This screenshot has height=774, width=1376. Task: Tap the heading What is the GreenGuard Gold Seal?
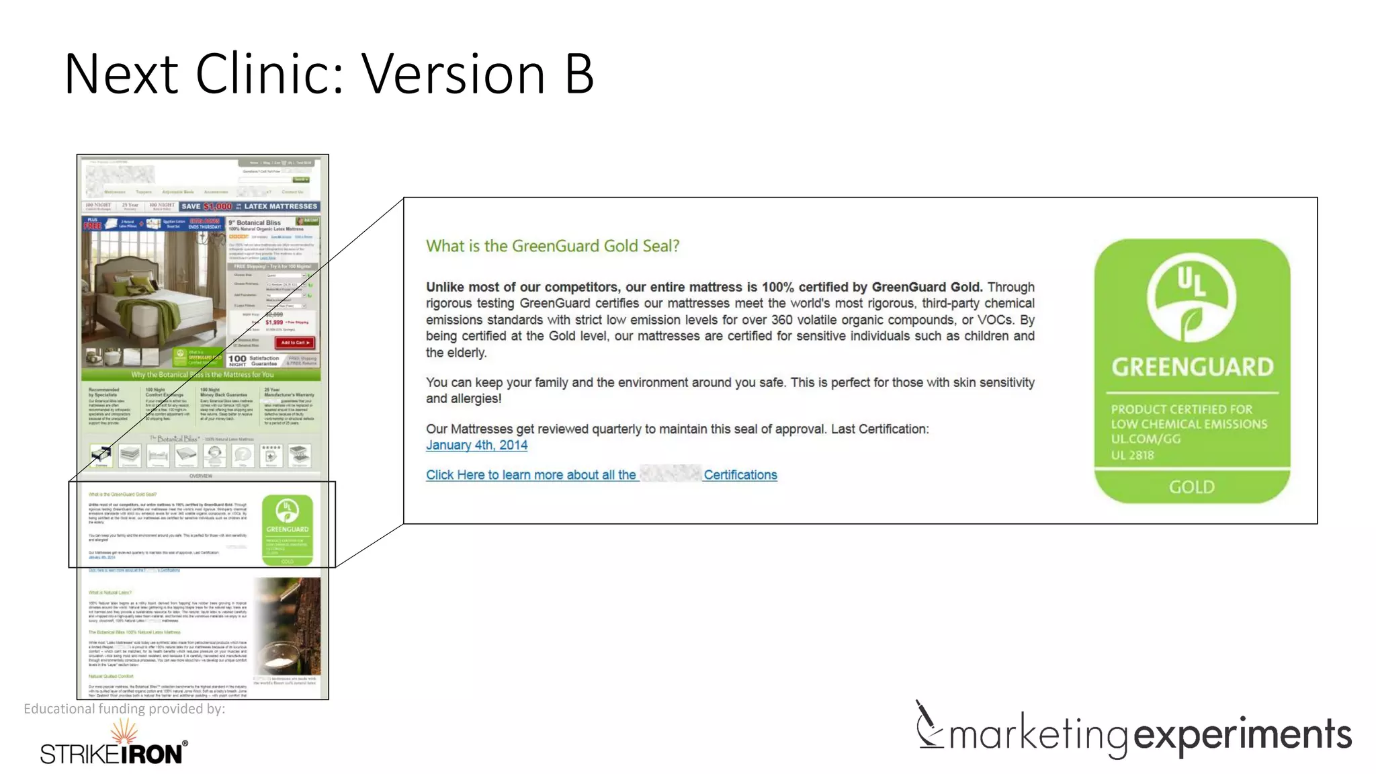pyautogui.click(x=552, y=246)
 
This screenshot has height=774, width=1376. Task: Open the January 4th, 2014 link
pyautogui.click(x=476, y=445)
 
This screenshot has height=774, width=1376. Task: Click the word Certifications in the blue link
pyautogui.click(x=740, y=475)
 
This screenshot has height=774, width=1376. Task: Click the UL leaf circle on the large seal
pyautogui.click(x=1191, y=298)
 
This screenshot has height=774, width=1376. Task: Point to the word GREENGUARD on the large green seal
pyautogui.click(x=1192, y=367)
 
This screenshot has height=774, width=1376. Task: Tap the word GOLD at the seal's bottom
pyautogui.click(x=1191, y=486)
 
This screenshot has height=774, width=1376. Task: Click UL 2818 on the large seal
pyautogui.click(x=1132, y=455)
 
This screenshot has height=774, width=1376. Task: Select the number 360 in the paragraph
pyautogui.click(x=781, y=320)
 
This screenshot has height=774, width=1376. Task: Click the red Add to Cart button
pyautogui.click(x=296, y=343)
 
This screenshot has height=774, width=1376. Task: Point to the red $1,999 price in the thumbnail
pyautogui.click(x=274, y=322)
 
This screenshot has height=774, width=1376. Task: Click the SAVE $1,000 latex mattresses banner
pyautogui.click(x=249, y=206)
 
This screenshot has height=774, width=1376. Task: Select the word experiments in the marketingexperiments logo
pyautogui.click(x=1242, y=734)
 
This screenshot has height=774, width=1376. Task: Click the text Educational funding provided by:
pyautogui.click(x=124, y=708)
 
